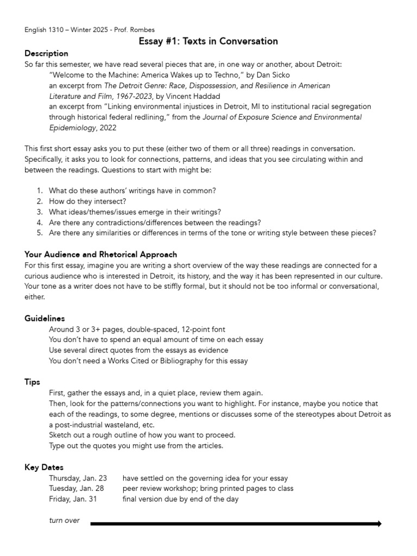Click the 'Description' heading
46,54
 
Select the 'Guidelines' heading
45,318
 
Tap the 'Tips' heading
33,382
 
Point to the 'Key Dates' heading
44,467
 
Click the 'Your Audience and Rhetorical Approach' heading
100,255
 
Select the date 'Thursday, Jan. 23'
78,478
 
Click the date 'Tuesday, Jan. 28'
77,489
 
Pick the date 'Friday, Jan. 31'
73,499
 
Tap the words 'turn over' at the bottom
64,521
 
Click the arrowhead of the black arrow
378,523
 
